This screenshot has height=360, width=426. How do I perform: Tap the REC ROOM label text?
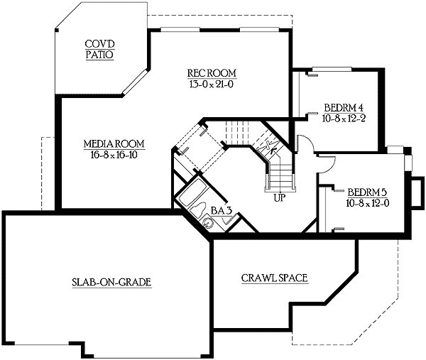coord(212,73)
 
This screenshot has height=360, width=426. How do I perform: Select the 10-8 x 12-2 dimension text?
coord(343,118)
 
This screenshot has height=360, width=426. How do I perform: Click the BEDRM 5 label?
coord(367,192)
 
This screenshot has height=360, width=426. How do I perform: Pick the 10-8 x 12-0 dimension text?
coord(367,202)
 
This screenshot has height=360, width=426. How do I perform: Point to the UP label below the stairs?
coord(279,197)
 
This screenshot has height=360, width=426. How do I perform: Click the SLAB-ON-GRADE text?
coord(112,282)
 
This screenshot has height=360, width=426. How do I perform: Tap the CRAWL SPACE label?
coord(274,278)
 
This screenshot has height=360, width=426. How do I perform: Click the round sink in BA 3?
coord(208,222)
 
